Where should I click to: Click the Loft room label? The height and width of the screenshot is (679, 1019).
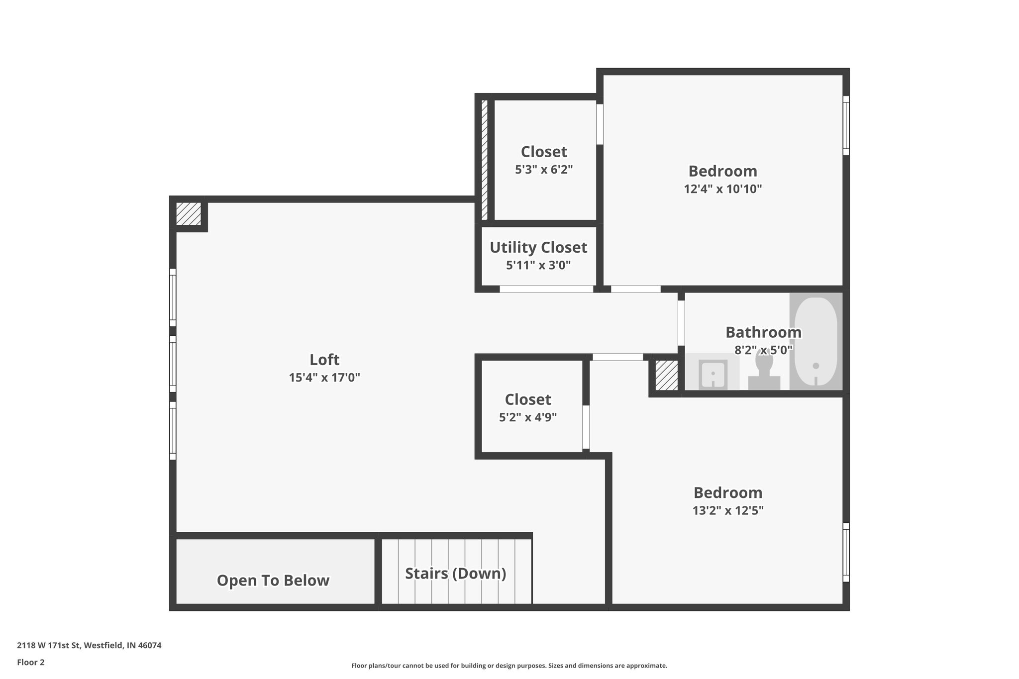tap(324, 360)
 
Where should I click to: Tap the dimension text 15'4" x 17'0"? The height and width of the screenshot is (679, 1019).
tap(324, 378)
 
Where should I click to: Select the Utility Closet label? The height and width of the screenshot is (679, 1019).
tap(538, 247)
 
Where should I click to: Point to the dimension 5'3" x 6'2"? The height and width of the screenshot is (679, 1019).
tap(544, 170)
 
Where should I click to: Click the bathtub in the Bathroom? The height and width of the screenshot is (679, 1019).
tap(815, 341)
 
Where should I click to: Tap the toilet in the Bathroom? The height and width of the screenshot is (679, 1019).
tap(764, 371)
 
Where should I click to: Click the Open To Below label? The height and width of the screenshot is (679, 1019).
tap(273, 581)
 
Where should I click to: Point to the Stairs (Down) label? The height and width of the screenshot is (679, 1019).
tap(455, 574)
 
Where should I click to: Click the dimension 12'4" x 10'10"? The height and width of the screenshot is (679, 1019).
tap(722, 189)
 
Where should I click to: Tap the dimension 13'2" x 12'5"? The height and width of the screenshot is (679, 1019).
tap(727, 510)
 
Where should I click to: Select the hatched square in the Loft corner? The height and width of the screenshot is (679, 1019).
tap(189, 214)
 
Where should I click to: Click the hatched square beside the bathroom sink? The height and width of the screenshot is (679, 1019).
tap(666, 376)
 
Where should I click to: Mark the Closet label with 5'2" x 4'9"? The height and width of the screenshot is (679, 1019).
tap(528, 399)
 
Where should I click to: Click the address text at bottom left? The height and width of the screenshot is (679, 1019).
tap(89, 646)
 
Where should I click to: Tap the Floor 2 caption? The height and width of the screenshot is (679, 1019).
tap(31, 663)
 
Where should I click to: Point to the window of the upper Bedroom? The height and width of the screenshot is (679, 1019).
tap(845, 125)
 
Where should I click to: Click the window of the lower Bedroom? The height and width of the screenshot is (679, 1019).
tap(845, 552)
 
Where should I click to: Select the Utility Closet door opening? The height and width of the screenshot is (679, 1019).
tap(546, 289)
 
